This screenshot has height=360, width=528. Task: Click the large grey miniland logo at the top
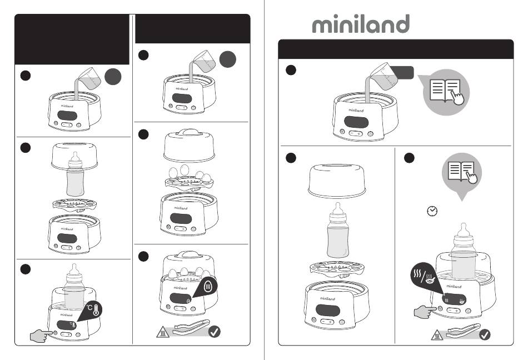[361, 23]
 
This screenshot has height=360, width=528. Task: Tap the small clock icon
[432, 211]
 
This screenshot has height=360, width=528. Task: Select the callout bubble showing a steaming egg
[206, 288]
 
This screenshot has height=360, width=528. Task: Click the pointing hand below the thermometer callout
[42, 336]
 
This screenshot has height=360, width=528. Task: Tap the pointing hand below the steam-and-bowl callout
[425, 311]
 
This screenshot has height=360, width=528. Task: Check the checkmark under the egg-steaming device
[214, 332]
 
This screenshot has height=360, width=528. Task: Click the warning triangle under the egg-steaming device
[163, 332]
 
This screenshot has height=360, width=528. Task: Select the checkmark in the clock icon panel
[485, 334]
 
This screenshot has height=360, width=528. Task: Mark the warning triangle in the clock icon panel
[437, 335]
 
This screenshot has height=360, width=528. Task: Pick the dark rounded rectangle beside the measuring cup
[402, 73]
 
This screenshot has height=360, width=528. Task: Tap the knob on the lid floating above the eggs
[190, 132]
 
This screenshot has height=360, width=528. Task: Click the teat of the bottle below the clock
[464, 231]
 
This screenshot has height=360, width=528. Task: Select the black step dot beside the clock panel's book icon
[409, 158]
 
